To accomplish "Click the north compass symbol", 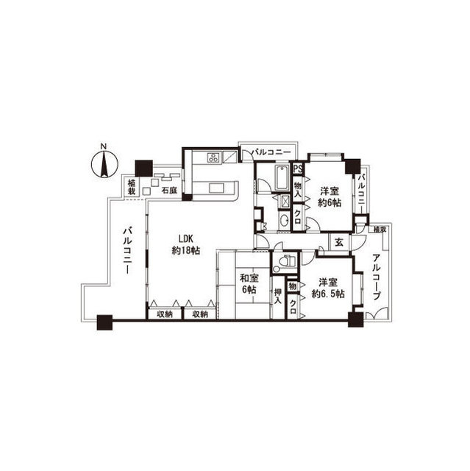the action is click(x=104, y=163).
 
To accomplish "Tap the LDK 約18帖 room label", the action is click(x=186, y=244).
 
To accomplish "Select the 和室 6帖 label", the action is click(x=249, y=284).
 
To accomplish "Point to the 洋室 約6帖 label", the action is click(x=330, y=196).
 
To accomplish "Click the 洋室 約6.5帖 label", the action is click(x=328, y=288).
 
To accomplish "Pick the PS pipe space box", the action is click(x=298, y=169).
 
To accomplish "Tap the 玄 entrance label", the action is click(x=339, y=242).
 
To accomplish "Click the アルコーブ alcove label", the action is click(x=377, y=277).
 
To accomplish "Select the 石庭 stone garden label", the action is click(x=170, y=190).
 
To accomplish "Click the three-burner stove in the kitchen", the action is click(x=214, y=157).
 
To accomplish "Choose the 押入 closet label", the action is click(x=278, y=296).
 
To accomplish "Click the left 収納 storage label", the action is click(x=165, y=314).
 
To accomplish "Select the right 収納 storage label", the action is click(x=200, y=314).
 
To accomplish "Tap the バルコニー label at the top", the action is click(x=271, y=152).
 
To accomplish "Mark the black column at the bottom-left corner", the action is click(x=104, y=322).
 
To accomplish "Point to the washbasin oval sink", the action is click(x=283, y=221).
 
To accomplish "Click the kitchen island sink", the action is click(x=217, y=188).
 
